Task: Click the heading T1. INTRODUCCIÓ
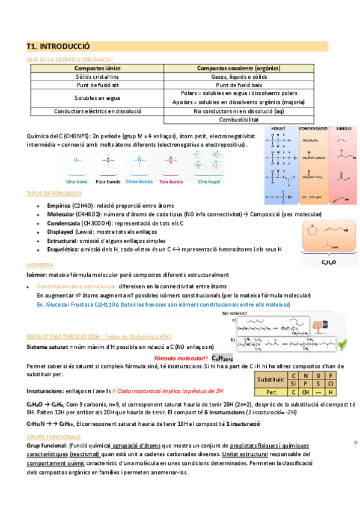(x=58, y=45)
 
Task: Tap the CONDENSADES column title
(x=313, y=129)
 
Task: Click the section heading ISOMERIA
(x=40, y=265)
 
